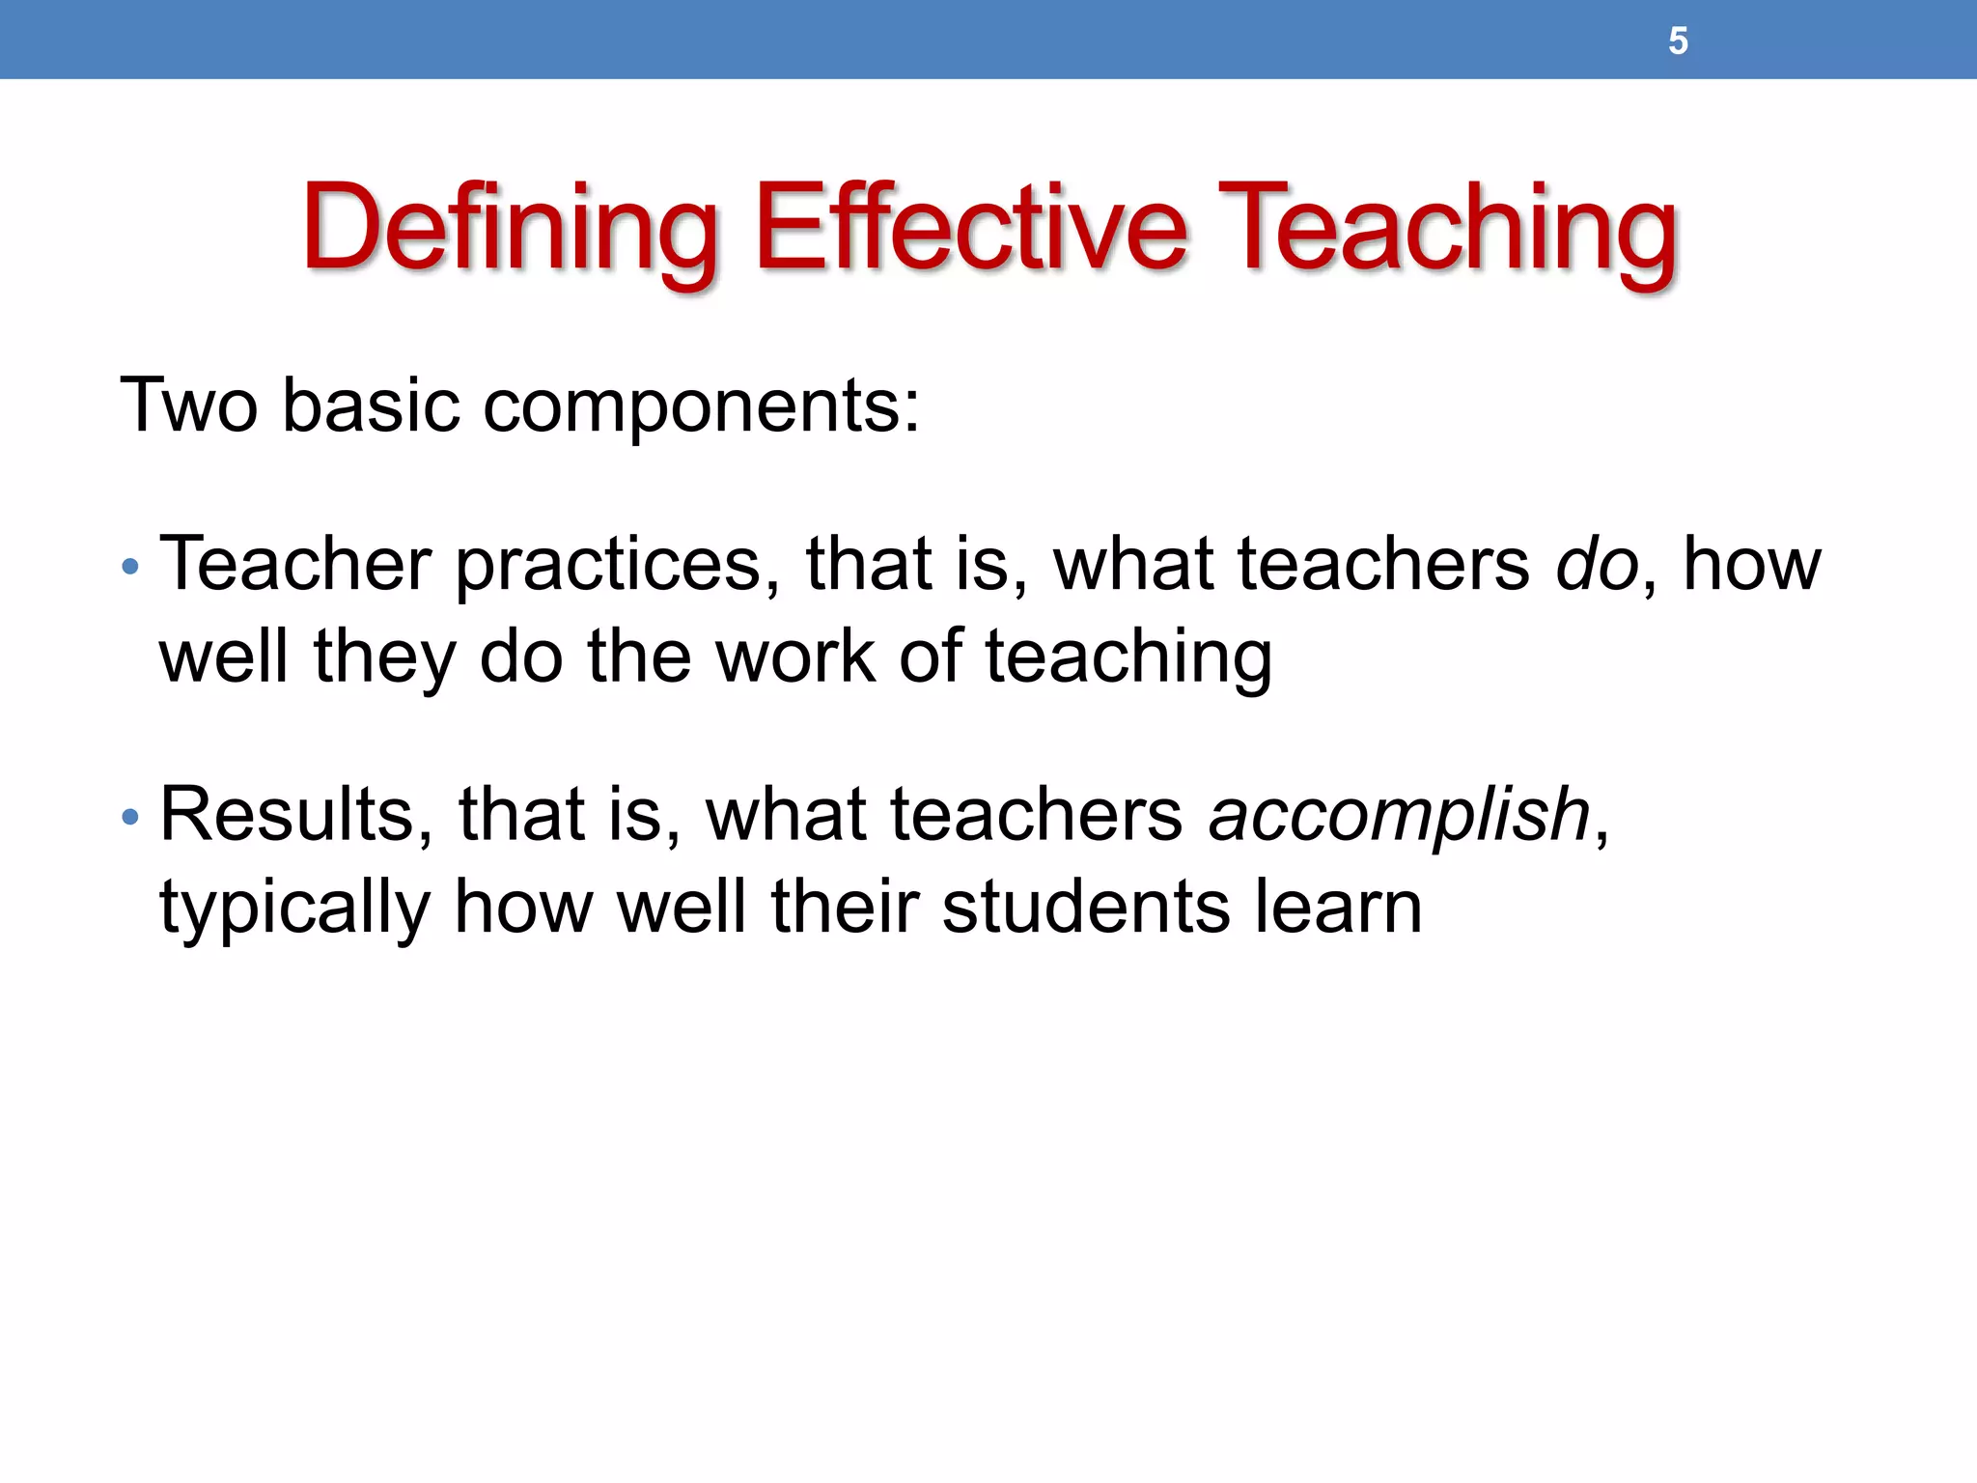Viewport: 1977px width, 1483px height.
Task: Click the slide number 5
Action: pos(1678,42)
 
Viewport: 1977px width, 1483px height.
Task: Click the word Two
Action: pos(189,406)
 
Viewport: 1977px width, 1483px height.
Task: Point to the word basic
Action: pos(371,406)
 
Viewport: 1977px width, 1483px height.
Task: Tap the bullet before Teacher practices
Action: pos(131,567)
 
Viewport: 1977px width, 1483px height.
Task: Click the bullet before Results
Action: pos(131,818)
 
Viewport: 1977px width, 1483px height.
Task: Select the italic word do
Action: pos(1597,564)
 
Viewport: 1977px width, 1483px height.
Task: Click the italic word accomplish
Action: pos(1399,816)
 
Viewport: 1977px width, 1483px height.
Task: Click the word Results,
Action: pos(295,816)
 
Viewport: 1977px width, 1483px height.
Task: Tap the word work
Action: pos(794,658)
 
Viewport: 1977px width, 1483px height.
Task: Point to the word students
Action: pos(1086,908)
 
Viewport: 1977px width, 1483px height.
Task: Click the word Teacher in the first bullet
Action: pos(295,564)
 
